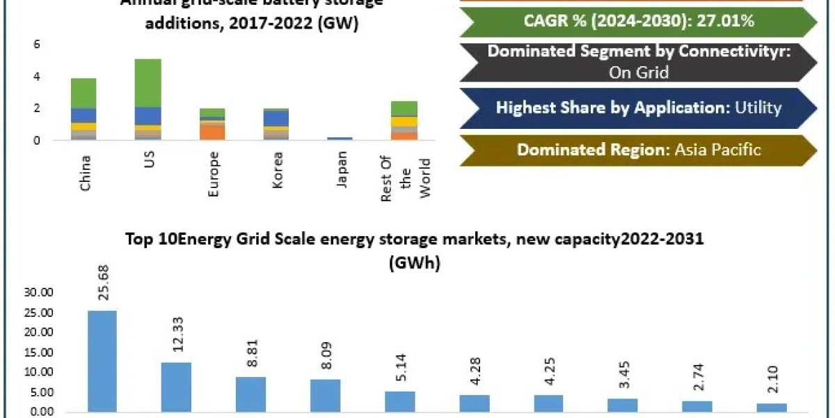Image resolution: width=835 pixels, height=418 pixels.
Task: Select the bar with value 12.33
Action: point(176,387)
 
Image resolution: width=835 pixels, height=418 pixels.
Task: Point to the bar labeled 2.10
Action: point(771,408)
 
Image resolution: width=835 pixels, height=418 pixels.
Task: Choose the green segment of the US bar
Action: point(148,82)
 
